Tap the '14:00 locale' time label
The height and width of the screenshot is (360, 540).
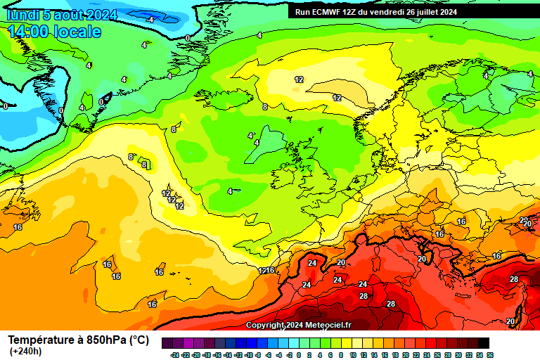tap(55, 32)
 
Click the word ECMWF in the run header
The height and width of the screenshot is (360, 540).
tap(329, 11)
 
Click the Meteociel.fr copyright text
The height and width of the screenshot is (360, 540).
tap(299, 325)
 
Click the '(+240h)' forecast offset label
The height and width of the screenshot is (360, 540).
tap(25, 351)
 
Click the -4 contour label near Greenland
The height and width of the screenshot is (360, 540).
tap(150, 20)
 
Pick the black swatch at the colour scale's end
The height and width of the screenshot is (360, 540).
tap(484, 343)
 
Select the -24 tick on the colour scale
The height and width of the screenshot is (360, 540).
tap(174, 355)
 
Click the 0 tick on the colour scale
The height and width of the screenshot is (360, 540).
tap(300, 355)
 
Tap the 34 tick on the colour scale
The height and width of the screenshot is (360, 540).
tap(479, 355)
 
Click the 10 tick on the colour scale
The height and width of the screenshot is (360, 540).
tap(352, 355)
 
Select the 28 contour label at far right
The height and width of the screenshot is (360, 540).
tap(514, 279)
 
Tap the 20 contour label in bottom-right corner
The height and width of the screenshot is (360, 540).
tap(510, 321)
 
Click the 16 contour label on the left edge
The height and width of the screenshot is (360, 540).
tap(18, 227)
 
